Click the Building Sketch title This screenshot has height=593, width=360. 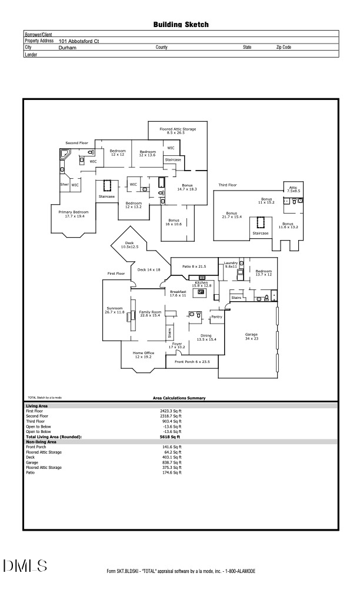coord(181,25)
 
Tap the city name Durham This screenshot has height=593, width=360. coord(68,47)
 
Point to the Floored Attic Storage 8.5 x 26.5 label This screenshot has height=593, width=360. coord(177,131)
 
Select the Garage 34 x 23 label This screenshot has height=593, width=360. coord(251,336)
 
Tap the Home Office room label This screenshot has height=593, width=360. coord(144,355)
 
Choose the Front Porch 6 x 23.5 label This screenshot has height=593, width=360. coord(192,361)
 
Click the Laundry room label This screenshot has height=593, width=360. coord(230,265)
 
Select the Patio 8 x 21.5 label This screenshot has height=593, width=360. coord(194,266)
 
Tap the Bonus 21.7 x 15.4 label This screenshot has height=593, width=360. coord(232,215)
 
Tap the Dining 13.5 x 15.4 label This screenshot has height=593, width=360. coord(206,338)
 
